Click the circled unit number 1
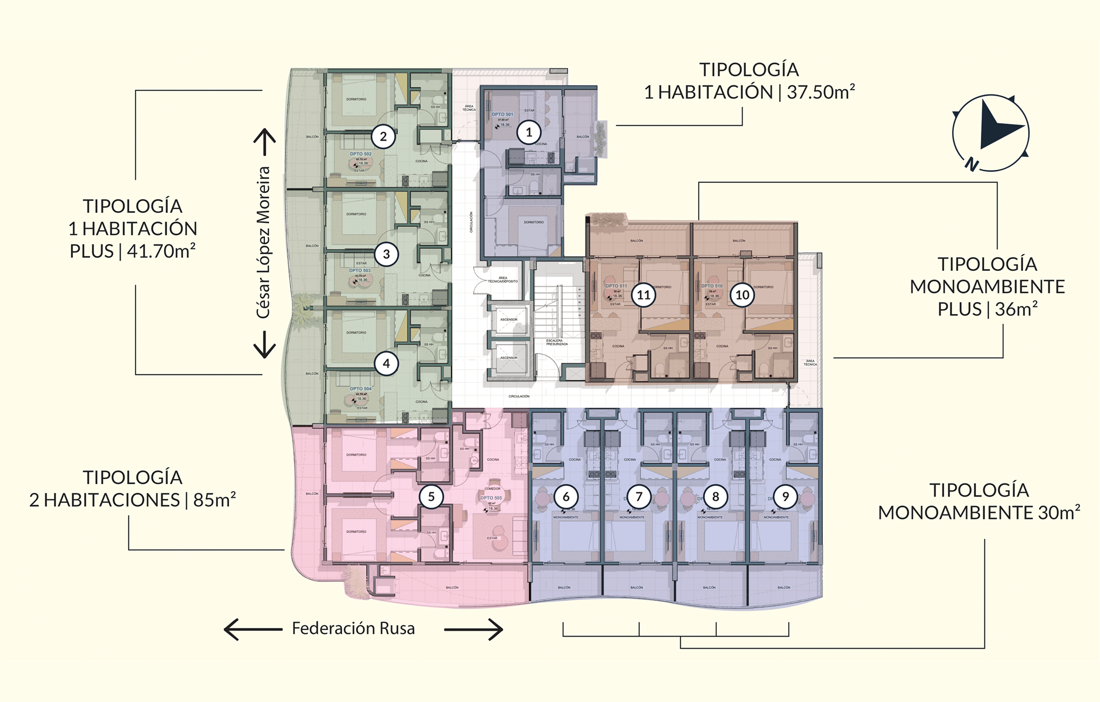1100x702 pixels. pos(529,132)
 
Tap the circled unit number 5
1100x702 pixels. pos(431,496)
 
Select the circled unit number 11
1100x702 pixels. pos(644,295)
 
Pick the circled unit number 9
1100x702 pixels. pos(786,496)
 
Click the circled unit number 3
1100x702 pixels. pos(387,254)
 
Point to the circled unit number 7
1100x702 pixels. pos(639,496)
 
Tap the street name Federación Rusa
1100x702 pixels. pos(353,629)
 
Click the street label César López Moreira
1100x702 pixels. pos(263,242)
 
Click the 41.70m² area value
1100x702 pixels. pos(161,251)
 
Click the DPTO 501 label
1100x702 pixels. pos(502,115)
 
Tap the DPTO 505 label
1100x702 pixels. pos(491,498)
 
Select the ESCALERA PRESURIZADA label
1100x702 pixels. pos(557,342)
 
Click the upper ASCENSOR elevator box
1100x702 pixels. pos(508,319)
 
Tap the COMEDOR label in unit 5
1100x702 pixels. pos(492,489)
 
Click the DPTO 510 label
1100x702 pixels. pos(712,286)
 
